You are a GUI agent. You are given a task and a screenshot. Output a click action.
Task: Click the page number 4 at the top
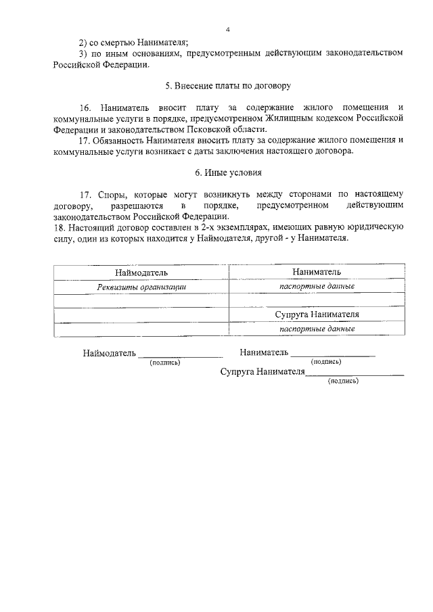pos(228,29)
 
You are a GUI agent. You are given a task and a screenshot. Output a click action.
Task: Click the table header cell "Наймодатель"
pos(141,272)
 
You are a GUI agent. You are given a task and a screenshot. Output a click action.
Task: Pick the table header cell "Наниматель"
pos(317,272)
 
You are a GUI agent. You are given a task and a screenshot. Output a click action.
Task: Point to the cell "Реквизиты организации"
pos(141,287)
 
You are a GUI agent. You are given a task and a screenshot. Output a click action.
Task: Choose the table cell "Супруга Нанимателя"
pos(317,315)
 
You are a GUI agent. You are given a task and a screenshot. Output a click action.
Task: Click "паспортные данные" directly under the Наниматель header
pos(317,286)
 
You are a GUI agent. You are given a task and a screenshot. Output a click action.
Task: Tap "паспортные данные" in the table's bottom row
pos(317,329)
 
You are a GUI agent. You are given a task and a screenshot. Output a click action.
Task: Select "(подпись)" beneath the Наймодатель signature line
pos(164,362)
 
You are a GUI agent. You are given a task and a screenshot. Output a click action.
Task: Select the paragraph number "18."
pos(59,227)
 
